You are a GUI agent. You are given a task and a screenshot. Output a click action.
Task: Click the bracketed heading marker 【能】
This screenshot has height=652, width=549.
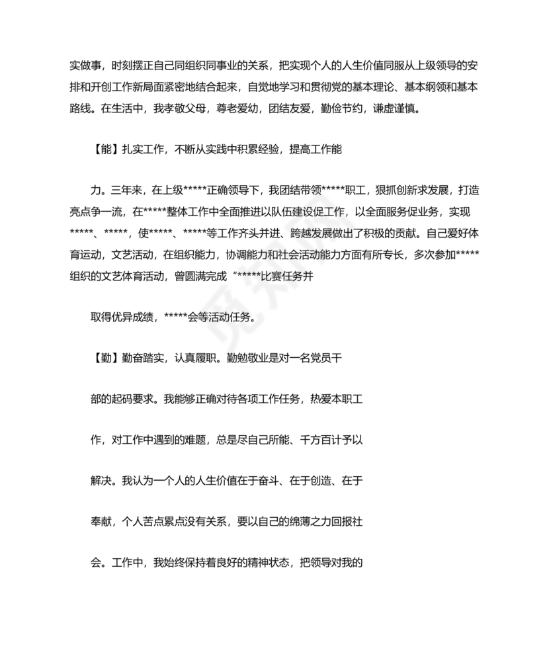click(x=101, y=150)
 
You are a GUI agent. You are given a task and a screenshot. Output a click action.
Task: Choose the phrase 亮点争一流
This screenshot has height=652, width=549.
click(x=95, y=213)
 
